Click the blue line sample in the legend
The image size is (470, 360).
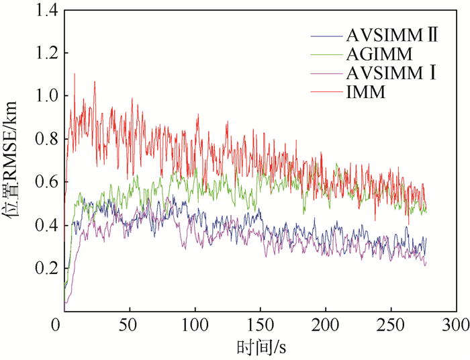pos(326,36)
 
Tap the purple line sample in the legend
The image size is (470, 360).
pos(326,74)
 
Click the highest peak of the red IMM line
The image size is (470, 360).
pos(75,74)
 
